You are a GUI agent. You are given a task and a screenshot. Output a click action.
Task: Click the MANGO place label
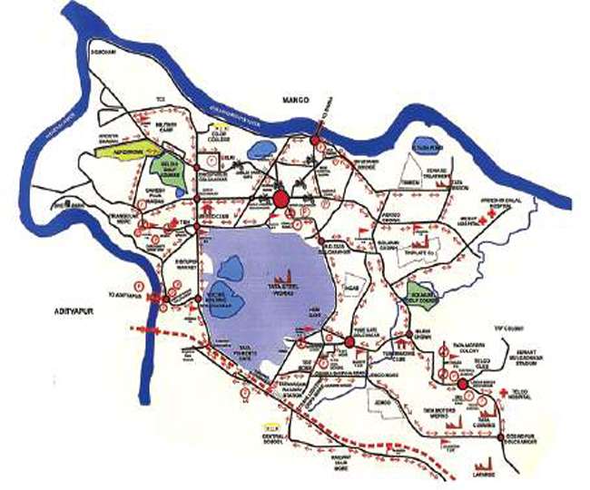(x=295, y=99)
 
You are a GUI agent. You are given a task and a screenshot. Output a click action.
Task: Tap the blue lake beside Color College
(x=263, y=146)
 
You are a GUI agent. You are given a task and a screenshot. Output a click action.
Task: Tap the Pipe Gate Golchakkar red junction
(x=349, y=342)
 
